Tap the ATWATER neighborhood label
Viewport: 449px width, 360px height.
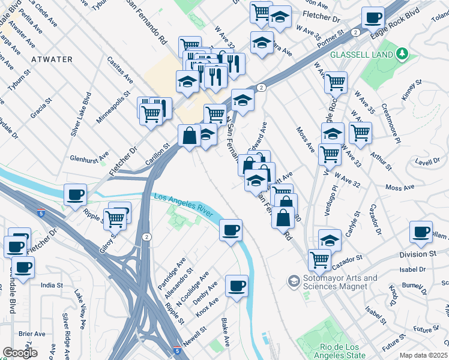[x=51, y=59]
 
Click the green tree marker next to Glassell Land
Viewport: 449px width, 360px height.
[x=402, y=55]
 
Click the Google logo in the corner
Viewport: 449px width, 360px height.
[x=20, y=352]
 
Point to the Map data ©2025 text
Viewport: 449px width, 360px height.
[x=424, y=355]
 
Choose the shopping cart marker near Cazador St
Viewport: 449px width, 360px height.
[x=319, y=259]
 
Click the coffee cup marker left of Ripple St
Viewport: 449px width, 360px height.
[x=76, y=194]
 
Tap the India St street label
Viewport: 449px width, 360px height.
[x=52, y=286]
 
